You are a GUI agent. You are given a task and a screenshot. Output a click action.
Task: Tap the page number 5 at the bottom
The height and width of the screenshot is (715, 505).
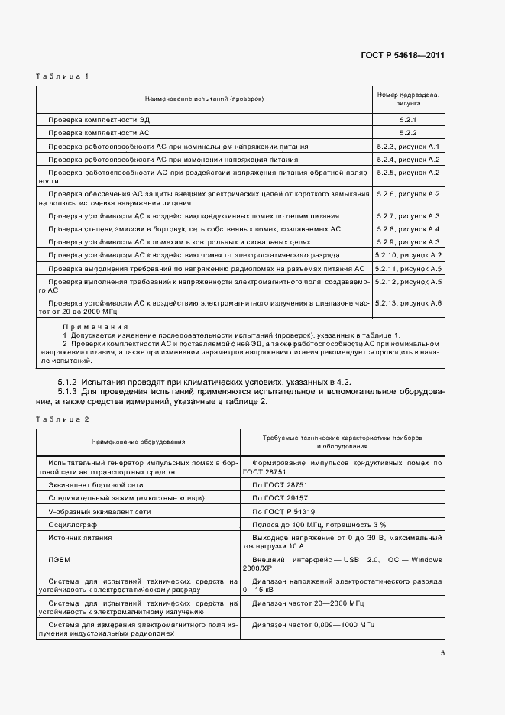click(442, 653)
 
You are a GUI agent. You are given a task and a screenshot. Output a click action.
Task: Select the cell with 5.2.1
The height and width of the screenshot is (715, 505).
click(406, 120)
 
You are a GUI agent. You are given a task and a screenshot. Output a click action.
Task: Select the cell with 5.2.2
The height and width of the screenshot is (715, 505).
click(406, 132)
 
